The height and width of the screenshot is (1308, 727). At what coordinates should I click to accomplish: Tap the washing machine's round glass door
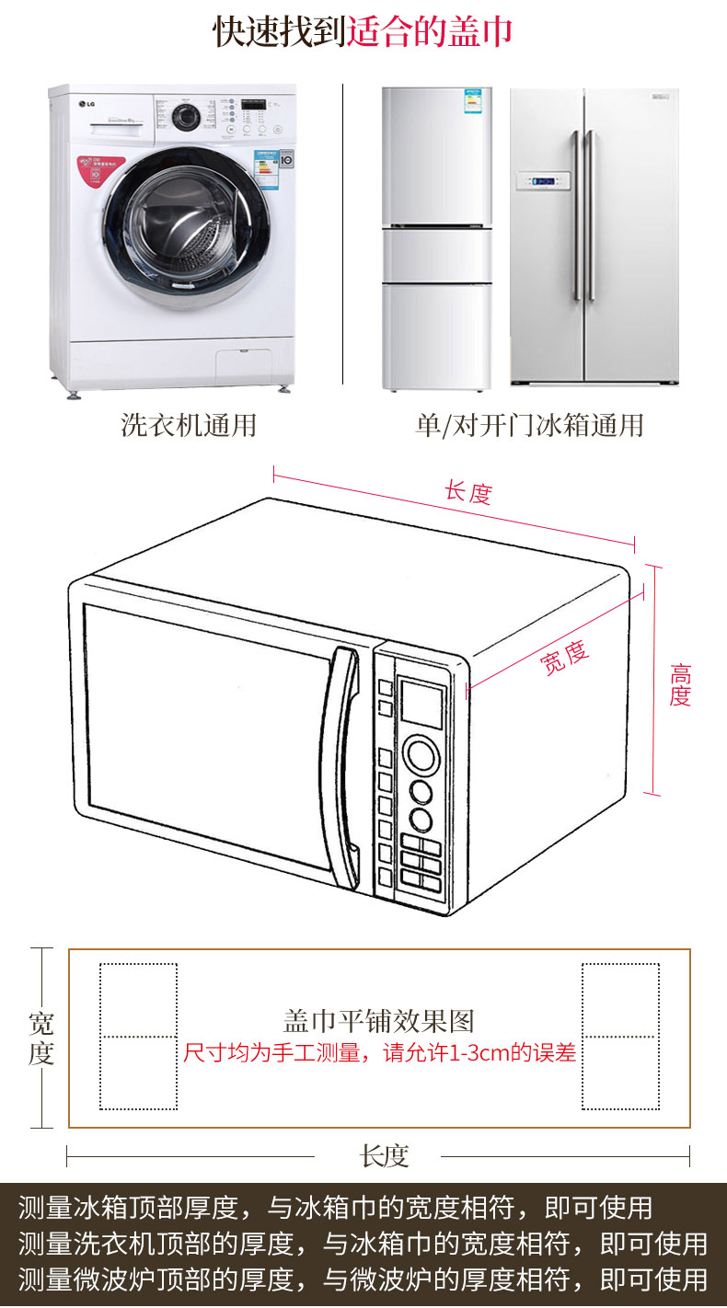[180, 220]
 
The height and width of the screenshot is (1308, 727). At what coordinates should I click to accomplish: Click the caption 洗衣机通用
[189, 425]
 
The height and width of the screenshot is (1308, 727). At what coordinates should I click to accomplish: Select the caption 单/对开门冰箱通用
[529, 425]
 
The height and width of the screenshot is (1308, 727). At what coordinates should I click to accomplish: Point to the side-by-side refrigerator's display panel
[540, 181]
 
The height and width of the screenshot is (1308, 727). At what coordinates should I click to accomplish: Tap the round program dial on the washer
[188, 117]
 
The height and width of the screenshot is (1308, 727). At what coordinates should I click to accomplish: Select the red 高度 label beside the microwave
[680, 684]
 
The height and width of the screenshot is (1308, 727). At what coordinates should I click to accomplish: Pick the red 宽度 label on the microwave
[563, 657]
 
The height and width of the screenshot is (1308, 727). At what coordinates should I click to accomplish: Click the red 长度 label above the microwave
[468, 492]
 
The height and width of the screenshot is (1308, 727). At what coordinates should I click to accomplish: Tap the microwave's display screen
[422, 704]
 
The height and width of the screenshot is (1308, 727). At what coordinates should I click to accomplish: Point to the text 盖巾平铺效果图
[378, 1021]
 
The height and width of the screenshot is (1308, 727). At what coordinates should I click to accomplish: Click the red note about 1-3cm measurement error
[379, 1052]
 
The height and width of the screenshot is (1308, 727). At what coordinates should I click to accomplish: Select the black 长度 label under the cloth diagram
[384, 1156]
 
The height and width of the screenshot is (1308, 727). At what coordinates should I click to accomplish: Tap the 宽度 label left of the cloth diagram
[41, 1038]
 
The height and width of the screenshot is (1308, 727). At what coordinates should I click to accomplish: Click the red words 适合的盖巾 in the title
[430, 32]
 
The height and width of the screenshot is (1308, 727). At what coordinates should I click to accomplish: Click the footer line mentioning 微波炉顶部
[363, 1279]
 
